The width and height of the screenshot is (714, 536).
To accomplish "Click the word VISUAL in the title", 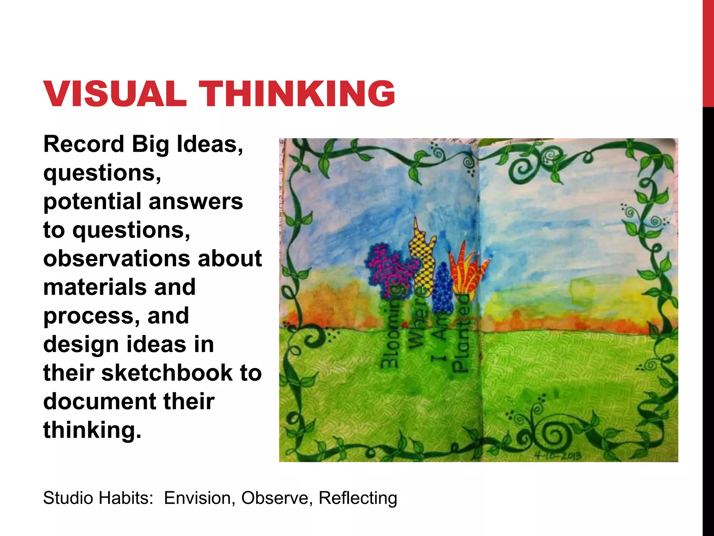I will click(115, 94).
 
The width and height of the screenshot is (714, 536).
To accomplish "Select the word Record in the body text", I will click(84, 144).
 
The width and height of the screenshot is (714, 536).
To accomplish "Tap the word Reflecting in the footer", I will click(358, 498).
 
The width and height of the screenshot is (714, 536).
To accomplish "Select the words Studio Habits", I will click(98, 498).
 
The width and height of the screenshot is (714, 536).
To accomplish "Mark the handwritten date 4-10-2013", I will click(558, 455).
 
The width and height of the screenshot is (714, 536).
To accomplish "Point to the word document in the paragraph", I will click(100, 401).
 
